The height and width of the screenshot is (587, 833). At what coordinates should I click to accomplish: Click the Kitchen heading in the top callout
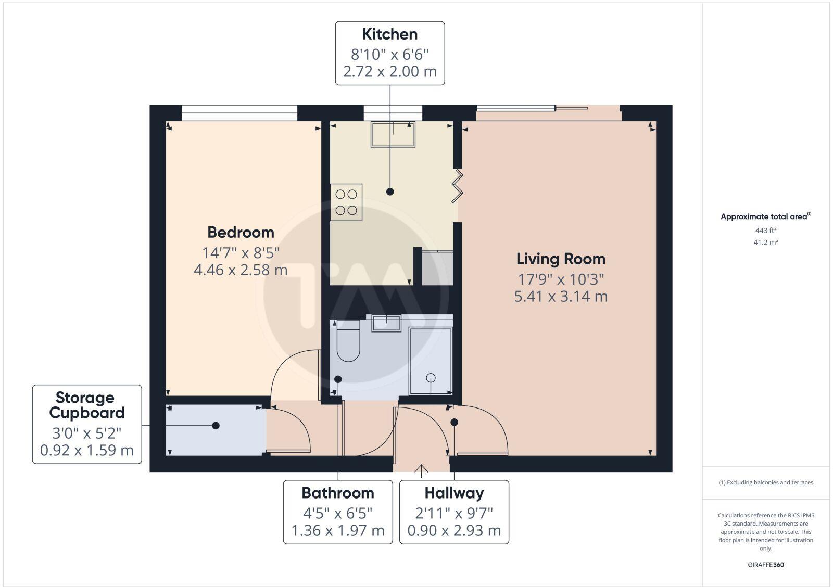pos(390,34)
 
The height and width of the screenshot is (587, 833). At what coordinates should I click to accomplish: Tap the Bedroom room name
pos(241,232)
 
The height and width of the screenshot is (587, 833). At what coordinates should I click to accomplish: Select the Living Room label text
pos(561,259)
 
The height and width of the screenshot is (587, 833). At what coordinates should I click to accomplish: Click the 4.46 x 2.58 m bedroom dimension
pos(241,270)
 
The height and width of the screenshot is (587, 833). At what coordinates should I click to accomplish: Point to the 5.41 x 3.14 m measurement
pos(561,297)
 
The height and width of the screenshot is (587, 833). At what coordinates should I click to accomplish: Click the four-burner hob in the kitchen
pos(346,202)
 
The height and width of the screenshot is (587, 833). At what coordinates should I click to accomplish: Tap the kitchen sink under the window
pos(393,134)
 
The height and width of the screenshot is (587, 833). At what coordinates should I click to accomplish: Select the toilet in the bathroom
pos(348,342)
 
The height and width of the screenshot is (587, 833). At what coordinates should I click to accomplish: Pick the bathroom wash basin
pos(386,323)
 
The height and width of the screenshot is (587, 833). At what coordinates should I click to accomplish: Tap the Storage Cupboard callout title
pos(87,405)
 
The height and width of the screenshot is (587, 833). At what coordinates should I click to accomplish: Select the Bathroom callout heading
pos(338,493)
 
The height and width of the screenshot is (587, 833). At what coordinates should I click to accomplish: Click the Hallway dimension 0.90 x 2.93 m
pos(454,531)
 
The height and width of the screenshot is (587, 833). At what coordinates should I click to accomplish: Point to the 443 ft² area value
pos(766,230)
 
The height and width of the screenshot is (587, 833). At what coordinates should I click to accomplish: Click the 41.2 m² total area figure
pos(766,242)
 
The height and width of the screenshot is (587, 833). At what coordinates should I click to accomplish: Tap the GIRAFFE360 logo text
pos(766,565)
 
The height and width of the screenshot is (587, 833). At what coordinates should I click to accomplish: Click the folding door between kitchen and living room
pos(458,186)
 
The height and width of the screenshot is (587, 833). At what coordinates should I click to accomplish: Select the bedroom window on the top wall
pos(239,112)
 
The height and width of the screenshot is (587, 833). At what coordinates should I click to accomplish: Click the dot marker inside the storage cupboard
pos(216,426)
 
